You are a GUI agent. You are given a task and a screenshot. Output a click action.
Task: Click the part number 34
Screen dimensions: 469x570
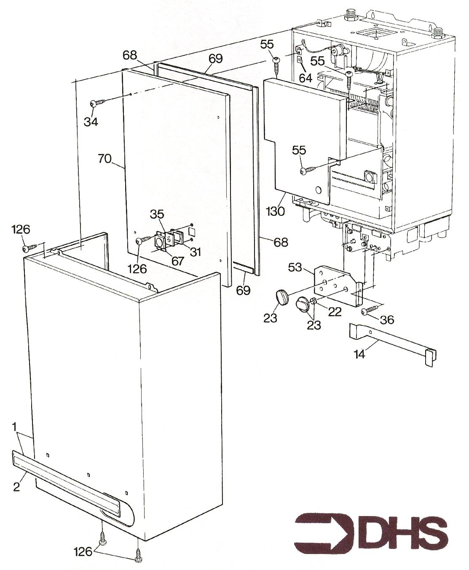click(x=91, y=122)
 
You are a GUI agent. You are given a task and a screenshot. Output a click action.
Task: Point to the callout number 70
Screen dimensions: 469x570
click(x=105, y=159)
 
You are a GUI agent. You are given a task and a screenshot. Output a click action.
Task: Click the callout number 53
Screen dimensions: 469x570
click(x=295, y=267)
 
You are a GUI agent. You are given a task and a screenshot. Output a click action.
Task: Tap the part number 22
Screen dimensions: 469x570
click(x=335, y=312)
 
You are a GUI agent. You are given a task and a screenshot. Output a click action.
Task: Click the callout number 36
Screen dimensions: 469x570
click(x=387, y=320)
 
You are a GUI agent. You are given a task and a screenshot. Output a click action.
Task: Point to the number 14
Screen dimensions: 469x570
click(x=359, y=354)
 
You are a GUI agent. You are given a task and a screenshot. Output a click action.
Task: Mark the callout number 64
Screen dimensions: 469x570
click(x=306, y=78)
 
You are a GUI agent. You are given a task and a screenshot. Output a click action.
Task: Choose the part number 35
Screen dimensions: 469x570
click(x=157, y=214)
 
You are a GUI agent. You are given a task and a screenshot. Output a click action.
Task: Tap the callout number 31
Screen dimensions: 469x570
click(x=196, y=252)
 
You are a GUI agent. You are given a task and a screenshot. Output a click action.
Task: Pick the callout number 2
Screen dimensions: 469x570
click(x=16, y=487)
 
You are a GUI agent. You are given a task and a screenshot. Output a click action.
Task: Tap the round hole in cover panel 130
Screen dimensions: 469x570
click(x=319, y=190)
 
